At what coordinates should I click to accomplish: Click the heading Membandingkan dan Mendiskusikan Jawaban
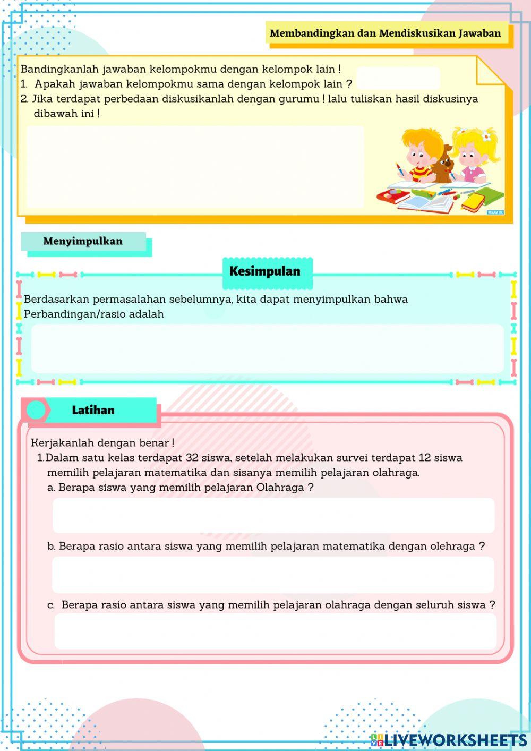385,33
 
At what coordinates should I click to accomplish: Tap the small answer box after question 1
398,79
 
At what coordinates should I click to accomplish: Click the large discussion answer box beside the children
195,166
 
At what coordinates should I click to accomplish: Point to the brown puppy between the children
441,164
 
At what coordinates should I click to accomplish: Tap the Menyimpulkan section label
83,242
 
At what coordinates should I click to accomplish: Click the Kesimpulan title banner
264,271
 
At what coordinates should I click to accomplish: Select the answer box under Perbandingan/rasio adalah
267,348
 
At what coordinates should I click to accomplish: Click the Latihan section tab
93,411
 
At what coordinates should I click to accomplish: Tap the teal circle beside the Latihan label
36,410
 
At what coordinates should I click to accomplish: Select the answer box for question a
273,515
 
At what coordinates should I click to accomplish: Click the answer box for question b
273,575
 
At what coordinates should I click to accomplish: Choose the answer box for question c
275,631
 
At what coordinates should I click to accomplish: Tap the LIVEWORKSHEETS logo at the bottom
449,740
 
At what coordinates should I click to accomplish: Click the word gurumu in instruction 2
299,99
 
